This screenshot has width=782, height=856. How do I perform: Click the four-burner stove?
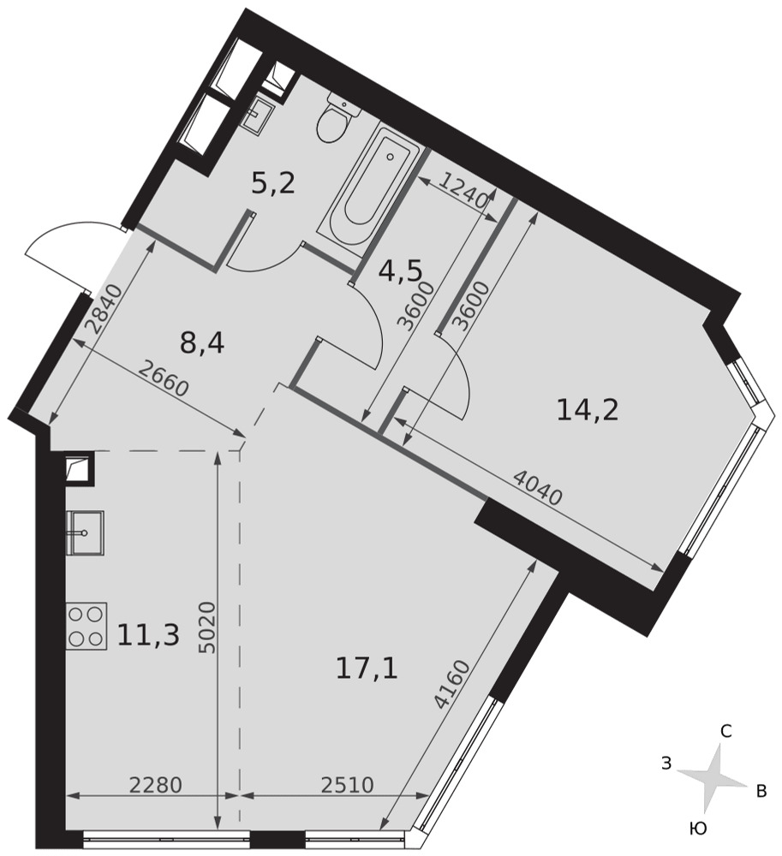(87, 626)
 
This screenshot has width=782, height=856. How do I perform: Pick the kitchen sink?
(85, 532)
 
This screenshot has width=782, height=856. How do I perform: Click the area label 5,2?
(273, 183)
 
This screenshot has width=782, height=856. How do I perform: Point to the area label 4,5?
(400, 272)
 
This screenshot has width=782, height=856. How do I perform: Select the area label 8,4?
(202, 344)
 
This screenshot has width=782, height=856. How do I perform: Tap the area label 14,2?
(588, 409)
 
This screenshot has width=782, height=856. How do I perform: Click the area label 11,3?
(148, 635)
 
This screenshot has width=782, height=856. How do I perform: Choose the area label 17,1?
(367, 669)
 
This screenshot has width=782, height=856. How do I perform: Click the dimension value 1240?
(463, 192)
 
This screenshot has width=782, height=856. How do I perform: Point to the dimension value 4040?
(537, 489)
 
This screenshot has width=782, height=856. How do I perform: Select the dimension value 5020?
(208, 627)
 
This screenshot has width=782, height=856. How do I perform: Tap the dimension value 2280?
(155, 785)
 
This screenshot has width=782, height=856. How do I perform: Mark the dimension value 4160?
(453, 684)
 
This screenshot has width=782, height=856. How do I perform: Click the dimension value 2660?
(163, 380)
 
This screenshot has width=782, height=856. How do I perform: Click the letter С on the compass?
(725, 731)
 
